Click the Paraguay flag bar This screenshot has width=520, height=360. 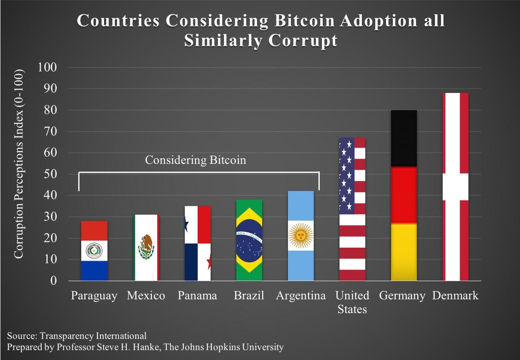[94, 251]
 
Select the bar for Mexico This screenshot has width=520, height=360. [146, 248]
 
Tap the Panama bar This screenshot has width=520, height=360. [198, 243]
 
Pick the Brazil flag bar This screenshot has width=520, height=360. [249, 240]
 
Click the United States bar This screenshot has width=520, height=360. [352, 209]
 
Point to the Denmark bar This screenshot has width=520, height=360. [455, 187]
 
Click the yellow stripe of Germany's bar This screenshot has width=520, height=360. [404, 252]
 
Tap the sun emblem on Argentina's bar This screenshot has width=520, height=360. [301, 236]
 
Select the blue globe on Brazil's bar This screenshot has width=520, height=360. [249, 240]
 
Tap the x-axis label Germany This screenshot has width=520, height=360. [402, 296]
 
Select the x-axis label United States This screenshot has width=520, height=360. [352, 302]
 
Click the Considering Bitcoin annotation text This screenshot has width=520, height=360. [195, 160]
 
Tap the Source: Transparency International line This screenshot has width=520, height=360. [77, 335]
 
